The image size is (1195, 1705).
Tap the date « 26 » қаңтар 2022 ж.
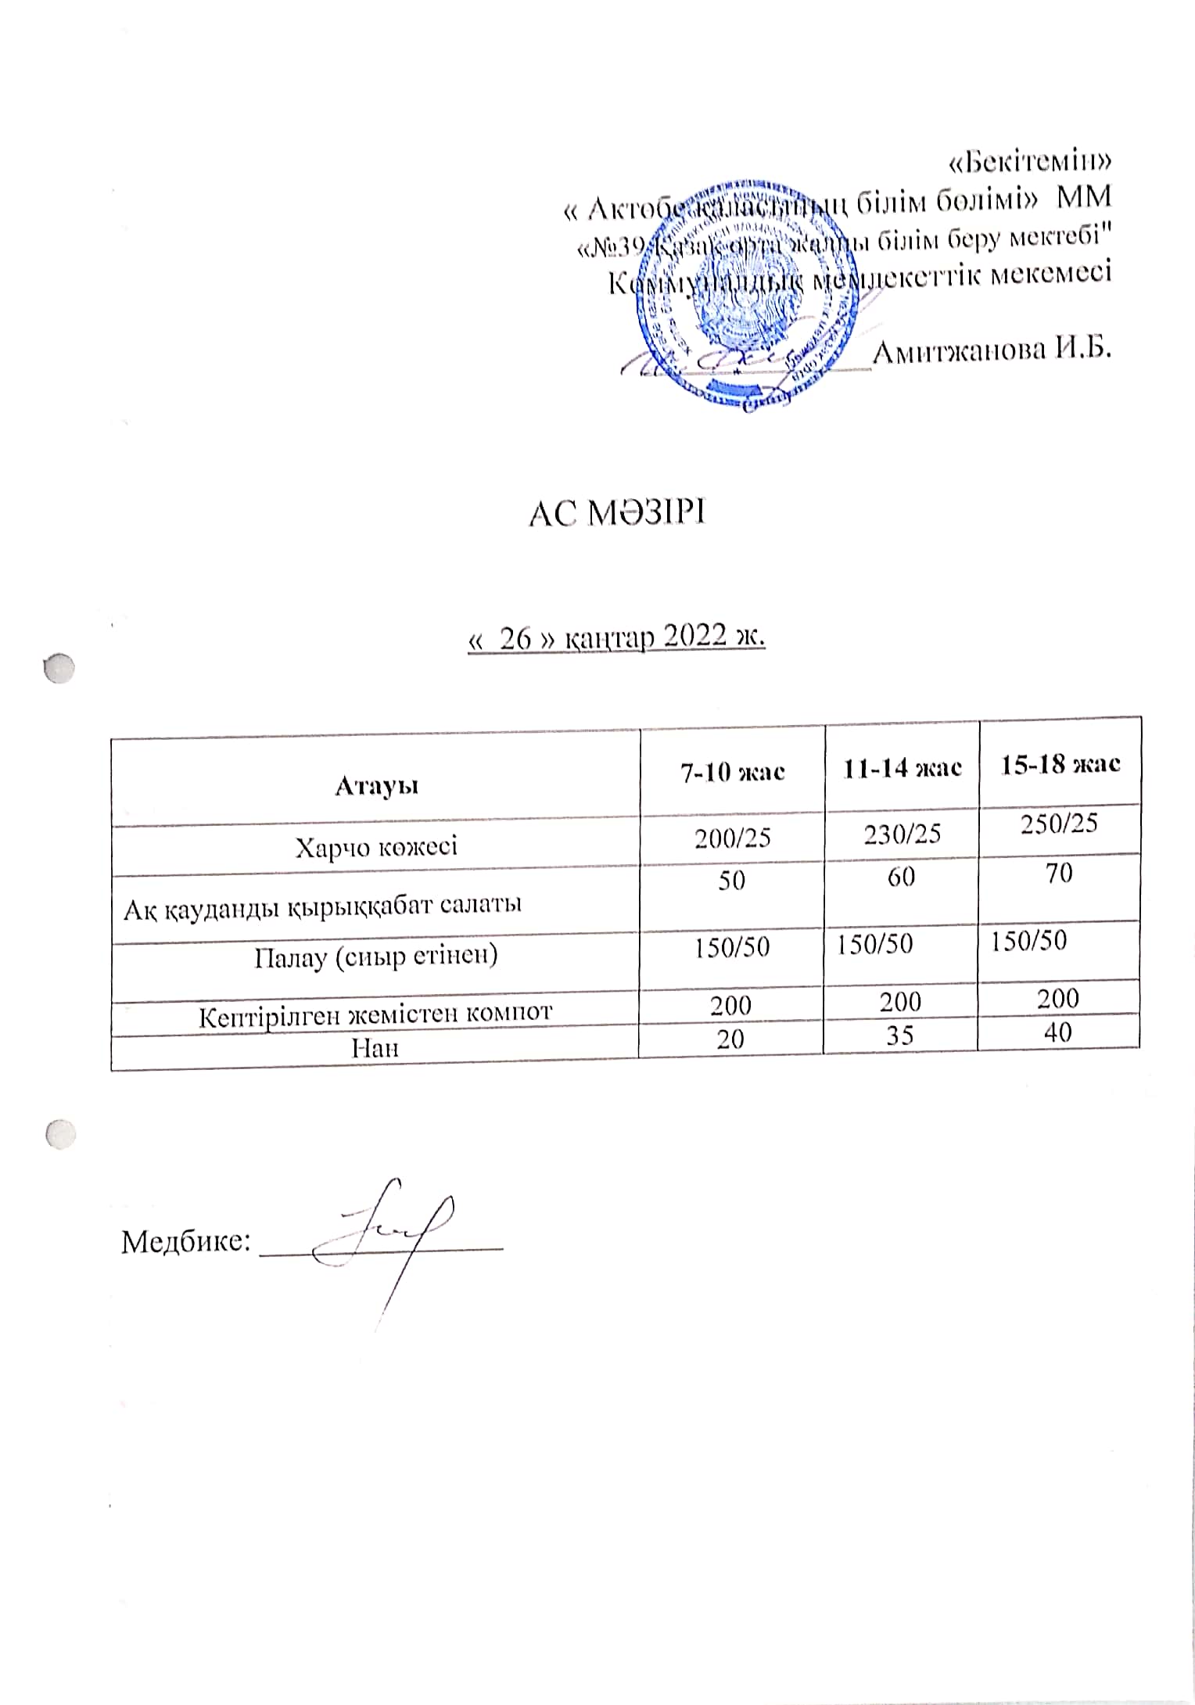click(x=616, y=639)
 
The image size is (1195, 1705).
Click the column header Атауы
click(x=376, y=784)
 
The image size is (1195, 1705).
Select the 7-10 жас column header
click(x=732, y=772)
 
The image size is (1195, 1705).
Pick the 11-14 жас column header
click(x=902, y=767)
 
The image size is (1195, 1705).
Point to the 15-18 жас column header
click(x=1060, y=763)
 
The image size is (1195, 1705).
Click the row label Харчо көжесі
click(x=376, y=846)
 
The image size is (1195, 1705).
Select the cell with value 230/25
click(x=902, y=834)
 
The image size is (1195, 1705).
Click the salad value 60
click(x=901, y=877)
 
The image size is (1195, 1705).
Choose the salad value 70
click(x=1059, y=872)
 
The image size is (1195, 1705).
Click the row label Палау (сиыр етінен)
click(x=376, y=957)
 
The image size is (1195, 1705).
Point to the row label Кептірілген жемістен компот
click(x=376, y=1014)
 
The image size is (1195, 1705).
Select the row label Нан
click(x=375, y=1047)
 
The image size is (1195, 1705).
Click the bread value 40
click(x=1057, y=1032)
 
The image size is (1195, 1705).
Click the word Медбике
click(x=185, y=1241)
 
